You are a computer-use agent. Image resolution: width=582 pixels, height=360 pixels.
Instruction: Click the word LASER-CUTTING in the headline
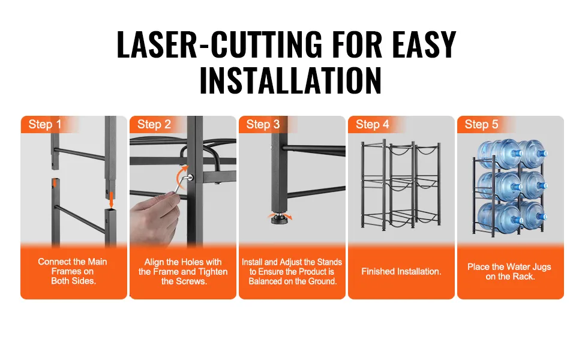point(220,45)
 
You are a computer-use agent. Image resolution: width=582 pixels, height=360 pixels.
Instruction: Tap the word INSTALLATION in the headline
point(290,80)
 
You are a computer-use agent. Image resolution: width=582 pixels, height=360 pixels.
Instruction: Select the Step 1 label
point(44,124)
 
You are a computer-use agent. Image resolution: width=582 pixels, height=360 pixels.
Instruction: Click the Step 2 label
point(154,124)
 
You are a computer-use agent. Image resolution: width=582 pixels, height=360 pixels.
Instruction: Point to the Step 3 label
point(263,124)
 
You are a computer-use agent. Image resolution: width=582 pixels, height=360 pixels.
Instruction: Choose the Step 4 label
point(372,124)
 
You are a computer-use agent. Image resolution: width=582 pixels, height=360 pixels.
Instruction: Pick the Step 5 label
point(481,124)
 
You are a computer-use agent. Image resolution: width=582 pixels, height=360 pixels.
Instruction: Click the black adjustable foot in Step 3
point(280,218)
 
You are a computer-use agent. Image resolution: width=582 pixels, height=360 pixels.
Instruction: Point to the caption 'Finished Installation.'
point(401,271)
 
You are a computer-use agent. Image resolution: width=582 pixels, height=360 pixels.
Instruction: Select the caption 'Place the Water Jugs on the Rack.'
point(509,271)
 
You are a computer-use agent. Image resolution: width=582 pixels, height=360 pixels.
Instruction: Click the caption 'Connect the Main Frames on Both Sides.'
point(73,271)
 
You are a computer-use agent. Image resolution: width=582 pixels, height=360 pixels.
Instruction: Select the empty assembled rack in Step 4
point(400,184)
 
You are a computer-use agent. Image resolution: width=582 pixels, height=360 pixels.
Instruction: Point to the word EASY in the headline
point(424,45)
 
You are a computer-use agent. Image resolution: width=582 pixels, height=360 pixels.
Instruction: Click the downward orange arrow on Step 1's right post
point(111,200)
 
